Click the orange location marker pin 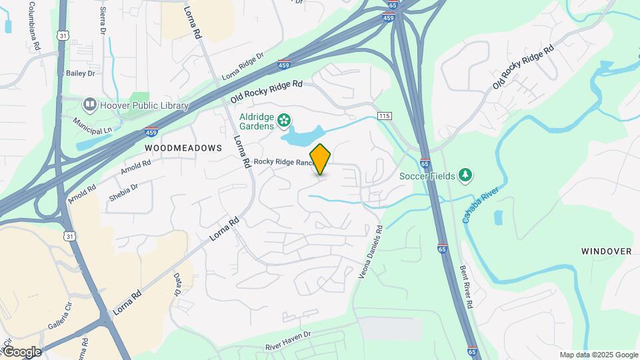pos(321,159)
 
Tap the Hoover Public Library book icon pos(89,105)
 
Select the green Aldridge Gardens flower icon pos(285,120)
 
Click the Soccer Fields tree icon pos(465,175)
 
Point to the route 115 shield pos(384,116)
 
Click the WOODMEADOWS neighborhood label pos(183,147)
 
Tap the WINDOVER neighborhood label pos(605,251)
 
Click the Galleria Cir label pos(59,315)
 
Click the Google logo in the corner pos(22,351)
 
